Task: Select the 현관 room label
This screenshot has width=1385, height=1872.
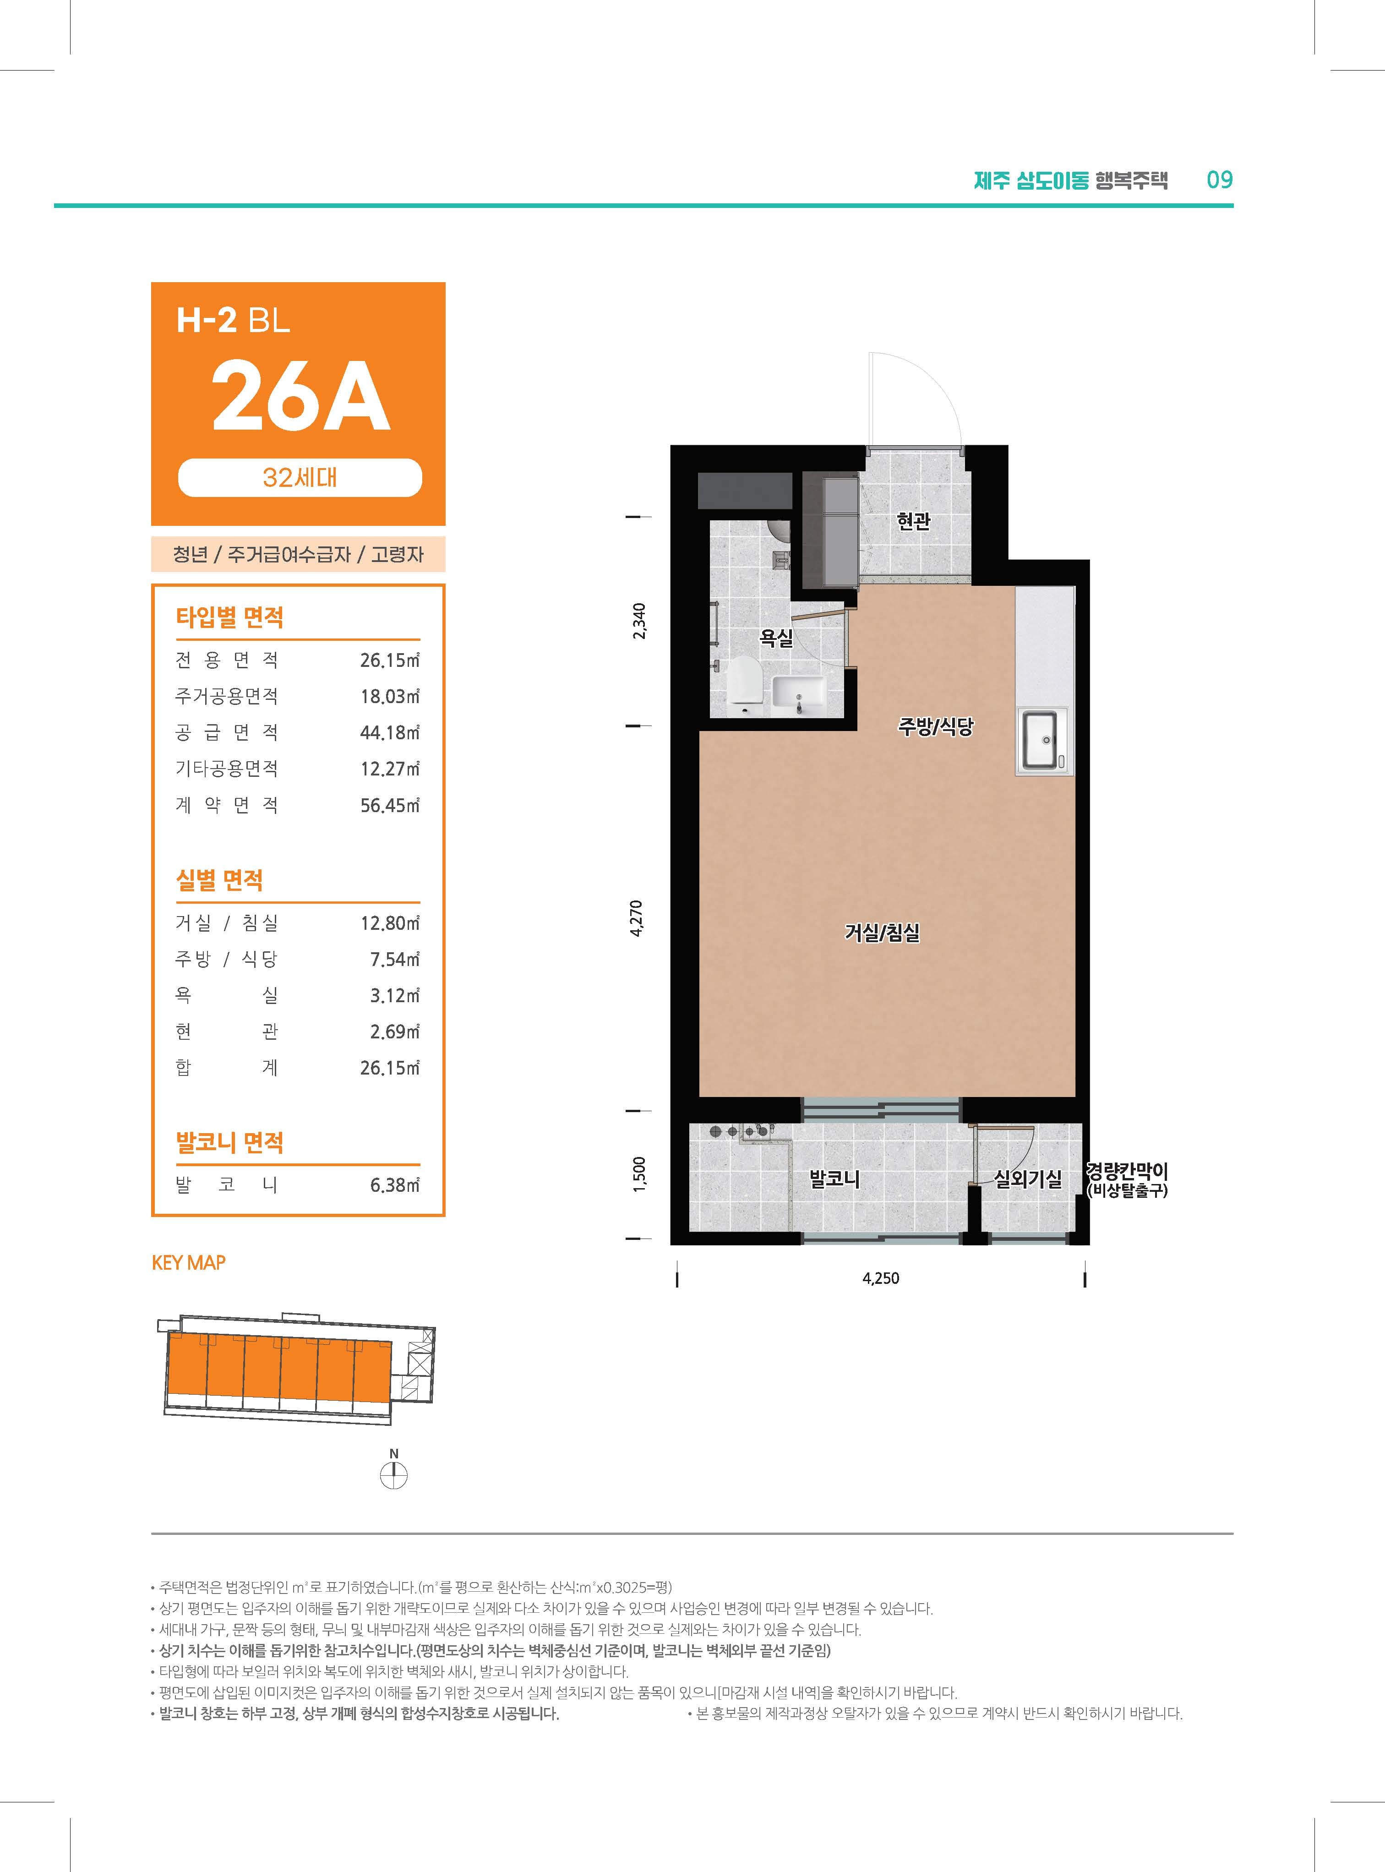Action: (913, 521)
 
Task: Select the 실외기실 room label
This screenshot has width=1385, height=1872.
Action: (1028, 1179)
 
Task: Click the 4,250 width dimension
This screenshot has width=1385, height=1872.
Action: (880, 1278)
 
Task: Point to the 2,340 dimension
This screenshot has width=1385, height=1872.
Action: (639, 621)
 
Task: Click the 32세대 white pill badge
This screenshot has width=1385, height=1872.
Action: (300, 478)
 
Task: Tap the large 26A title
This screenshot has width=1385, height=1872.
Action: (300, 395)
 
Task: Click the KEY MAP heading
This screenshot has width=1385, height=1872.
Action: (189, 1262)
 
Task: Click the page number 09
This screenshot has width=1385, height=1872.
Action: (1220, 180)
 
